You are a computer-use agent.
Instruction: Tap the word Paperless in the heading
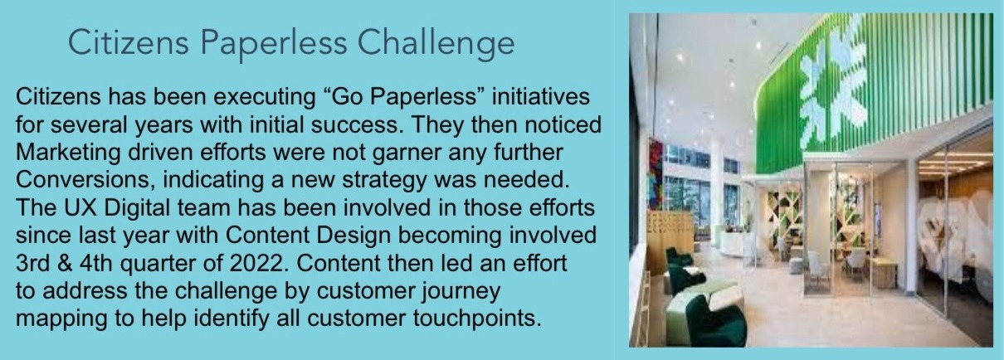[274, 43]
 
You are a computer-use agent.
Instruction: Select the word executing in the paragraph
[265, 98]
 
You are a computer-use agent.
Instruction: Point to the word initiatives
[540, 97]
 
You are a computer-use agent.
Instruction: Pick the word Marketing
[68, 153]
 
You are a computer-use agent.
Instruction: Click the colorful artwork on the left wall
[655, 174]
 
